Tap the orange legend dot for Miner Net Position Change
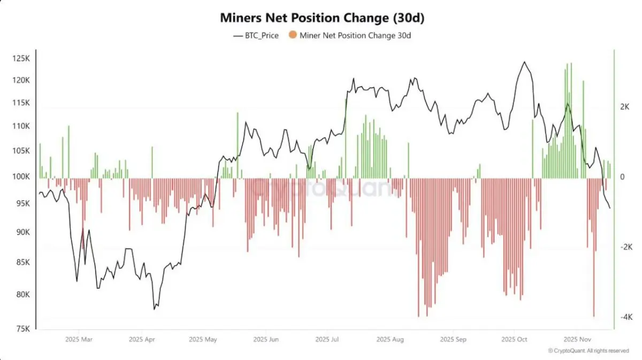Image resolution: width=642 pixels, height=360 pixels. (x=292, y=36)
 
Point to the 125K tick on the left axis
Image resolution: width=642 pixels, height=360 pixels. (x=21, y=58)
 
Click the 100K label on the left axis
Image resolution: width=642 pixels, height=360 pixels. (x=21, y=177)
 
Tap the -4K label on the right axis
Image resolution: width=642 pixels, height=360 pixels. (x=626, y=317)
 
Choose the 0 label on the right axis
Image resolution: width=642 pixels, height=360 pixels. (x=622, y=177)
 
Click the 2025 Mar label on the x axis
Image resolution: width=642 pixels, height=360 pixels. (x=79, y=339)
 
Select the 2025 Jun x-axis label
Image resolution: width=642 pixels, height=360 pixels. (x=266, y=339)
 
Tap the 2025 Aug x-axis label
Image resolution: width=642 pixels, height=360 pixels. (x=390, y=339)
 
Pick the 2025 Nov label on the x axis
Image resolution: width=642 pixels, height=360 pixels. (x=577, y=339)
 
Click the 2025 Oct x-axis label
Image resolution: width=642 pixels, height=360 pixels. (x=515, y=339)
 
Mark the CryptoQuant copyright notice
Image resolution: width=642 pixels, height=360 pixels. (x=588, y=351)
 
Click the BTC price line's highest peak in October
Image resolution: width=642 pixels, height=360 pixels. (x=524, y=62)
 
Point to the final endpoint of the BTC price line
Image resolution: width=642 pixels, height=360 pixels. (x=610, y=208)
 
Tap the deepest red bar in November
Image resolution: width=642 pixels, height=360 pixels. (x=594, y=316)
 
